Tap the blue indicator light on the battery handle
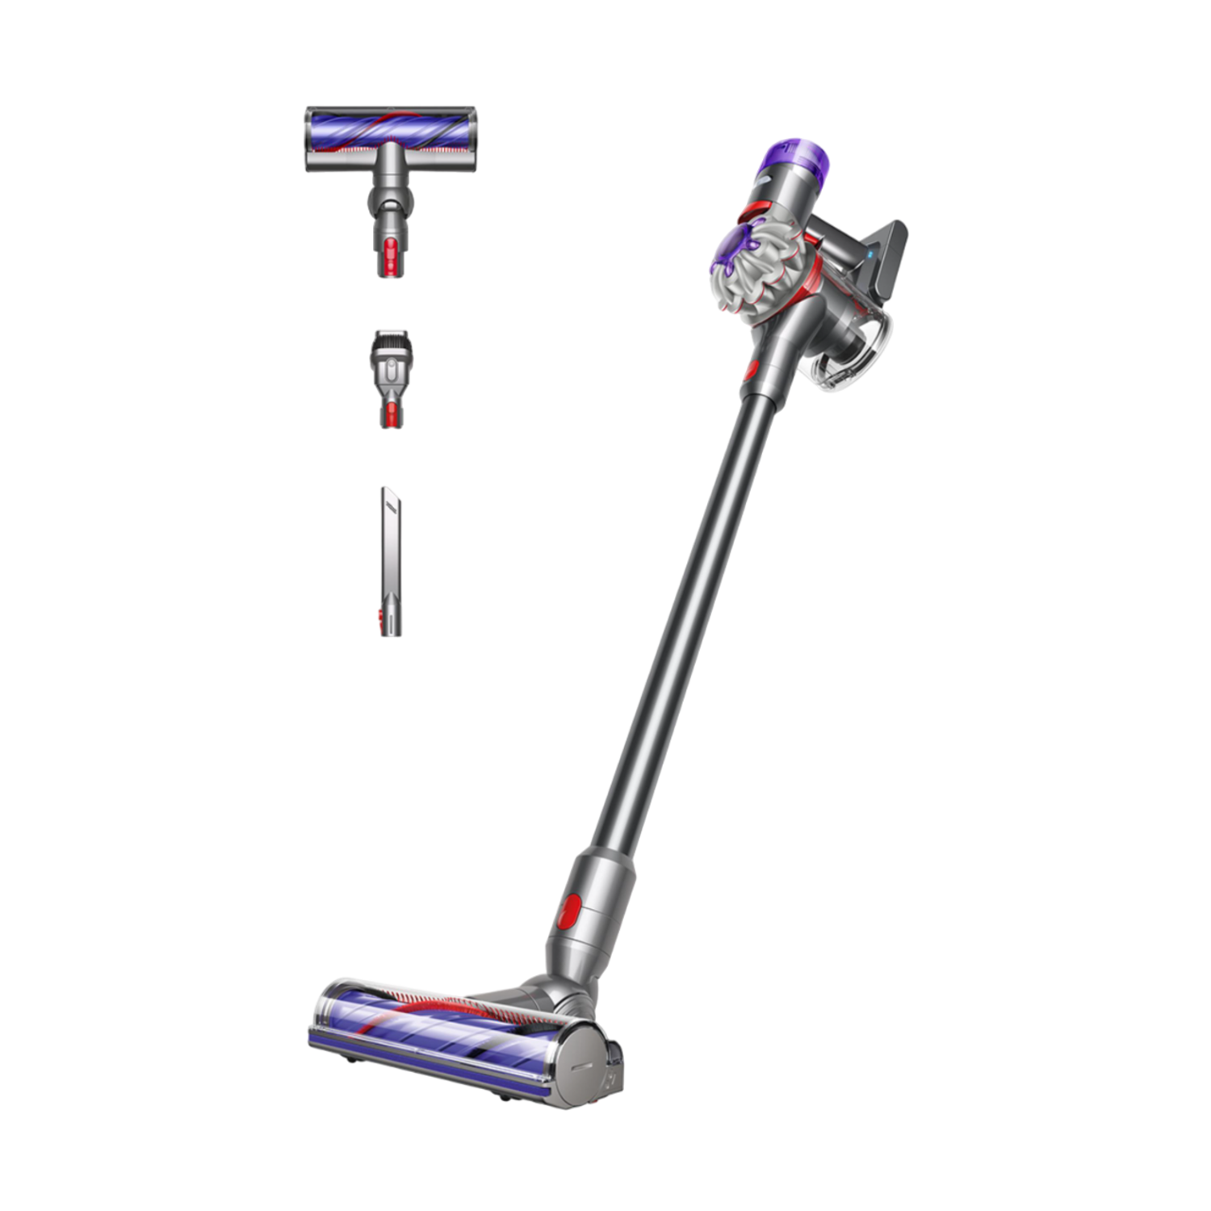(871, 254)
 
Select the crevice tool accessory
(390, 557)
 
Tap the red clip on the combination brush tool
(392, 414)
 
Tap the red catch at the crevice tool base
(381, 617)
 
